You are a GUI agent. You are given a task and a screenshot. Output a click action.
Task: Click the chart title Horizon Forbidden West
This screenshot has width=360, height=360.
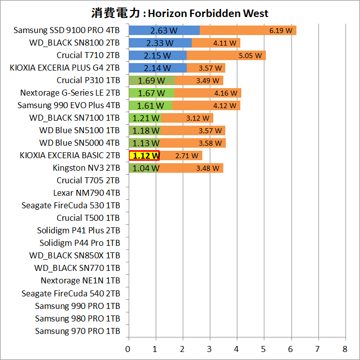point(180,13)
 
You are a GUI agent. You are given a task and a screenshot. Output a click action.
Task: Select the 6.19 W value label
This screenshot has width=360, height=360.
point(280,31)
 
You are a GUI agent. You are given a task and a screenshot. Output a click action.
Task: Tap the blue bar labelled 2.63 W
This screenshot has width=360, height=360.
point(164,31)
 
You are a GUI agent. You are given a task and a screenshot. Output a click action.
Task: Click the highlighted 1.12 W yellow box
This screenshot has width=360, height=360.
point(144,156)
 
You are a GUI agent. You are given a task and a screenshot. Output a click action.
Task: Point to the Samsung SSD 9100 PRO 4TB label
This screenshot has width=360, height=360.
point(67,31)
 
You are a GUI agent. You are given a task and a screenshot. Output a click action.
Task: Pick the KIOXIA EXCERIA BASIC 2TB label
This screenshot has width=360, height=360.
point(70,155)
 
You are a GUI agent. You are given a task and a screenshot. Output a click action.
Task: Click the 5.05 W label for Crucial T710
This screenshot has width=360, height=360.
point(250,56)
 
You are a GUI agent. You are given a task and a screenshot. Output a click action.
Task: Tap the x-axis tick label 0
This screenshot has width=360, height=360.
point(129,348)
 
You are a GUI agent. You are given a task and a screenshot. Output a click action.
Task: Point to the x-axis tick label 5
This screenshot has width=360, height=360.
point(264,348)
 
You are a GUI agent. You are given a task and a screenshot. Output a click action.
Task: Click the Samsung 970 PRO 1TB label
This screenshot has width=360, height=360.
point(78,331)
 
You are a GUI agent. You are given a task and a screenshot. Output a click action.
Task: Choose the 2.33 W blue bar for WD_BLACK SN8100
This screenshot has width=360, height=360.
point(160,43)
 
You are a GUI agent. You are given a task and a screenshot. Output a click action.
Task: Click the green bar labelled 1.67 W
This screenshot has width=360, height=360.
point(151,93)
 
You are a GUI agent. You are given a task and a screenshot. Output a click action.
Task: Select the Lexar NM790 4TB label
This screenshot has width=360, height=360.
point(87,193)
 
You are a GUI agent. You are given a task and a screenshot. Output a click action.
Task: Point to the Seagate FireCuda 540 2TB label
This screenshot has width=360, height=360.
point(71,293)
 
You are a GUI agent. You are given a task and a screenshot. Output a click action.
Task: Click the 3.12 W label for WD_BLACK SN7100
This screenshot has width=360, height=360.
point(197,118)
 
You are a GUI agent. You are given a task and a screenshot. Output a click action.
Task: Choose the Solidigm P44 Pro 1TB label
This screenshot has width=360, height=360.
point(80,243)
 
